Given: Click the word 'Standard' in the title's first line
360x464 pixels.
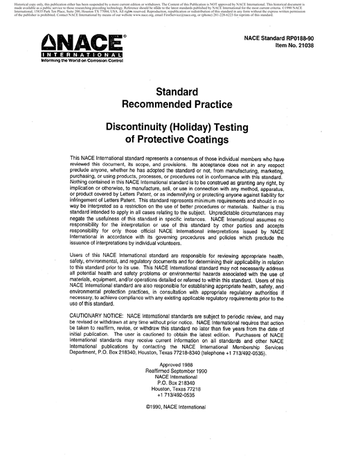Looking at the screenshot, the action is tap(180, 91).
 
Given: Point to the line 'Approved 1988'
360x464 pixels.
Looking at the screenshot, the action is tap(180, 384).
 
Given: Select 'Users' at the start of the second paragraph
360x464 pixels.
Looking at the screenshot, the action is tap(78, 256).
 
